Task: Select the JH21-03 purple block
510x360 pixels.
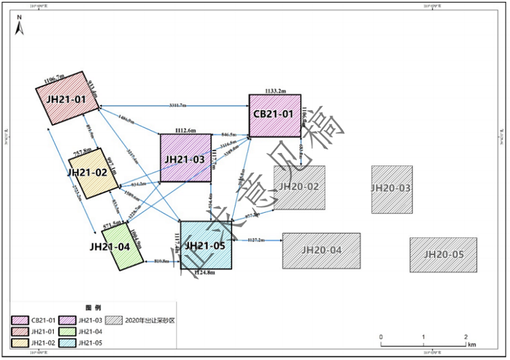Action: (185, 158)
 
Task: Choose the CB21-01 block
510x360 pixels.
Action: (274, 115)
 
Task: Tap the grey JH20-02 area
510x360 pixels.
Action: (299, 187)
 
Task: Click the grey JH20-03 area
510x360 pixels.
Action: (391, 189)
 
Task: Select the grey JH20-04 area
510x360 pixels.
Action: (321, 250)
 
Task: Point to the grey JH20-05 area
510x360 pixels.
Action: (443, 254)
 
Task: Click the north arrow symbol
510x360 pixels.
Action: (19, 27)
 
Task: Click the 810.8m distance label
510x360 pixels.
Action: (162, 261)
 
